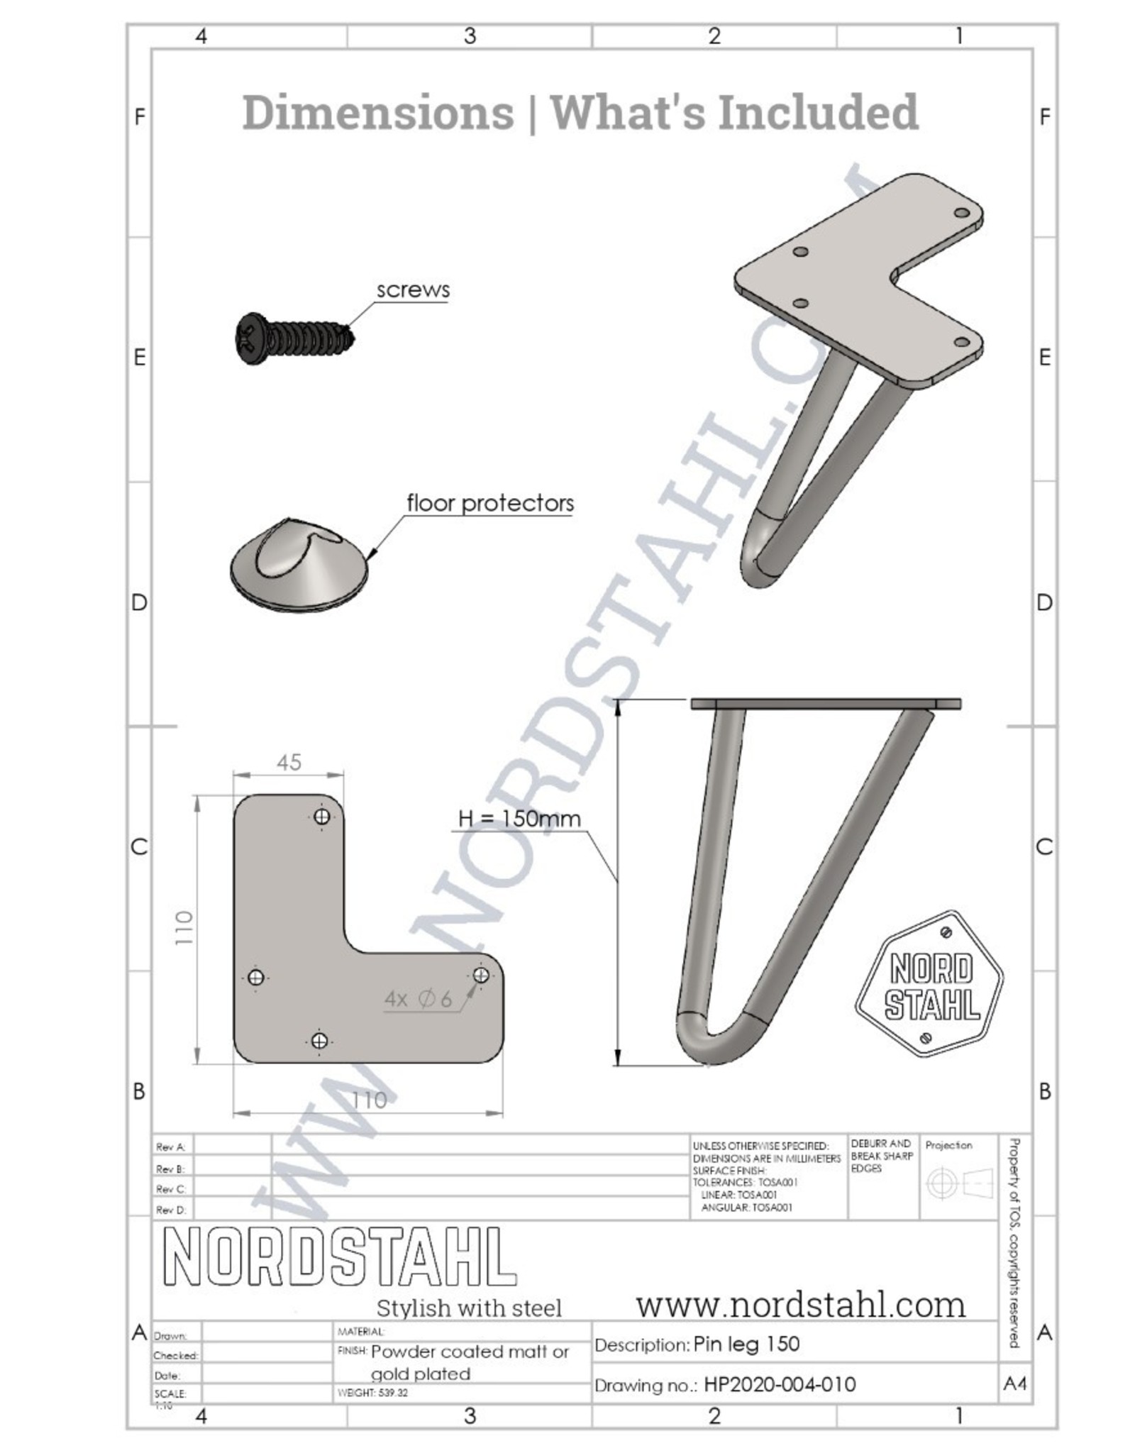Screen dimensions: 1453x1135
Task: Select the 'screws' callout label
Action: point(413,290)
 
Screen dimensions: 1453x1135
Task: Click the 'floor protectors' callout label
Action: point(489,504)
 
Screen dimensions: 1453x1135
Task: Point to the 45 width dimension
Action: point(289,763)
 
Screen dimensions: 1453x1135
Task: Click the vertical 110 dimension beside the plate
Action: point(183,927)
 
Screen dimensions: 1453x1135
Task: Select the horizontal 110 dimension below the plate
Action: point(369,1100)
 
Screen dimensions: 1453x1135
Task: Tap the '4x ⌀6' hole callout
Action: point(418,1000)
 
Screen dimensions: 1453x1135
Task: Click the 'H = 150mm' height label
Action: point(519,819)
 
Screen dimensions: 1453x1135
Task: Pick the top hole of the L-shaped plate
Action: point(321,817)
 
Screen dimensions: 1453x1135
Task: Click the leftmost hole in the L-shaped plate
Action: point(256,978)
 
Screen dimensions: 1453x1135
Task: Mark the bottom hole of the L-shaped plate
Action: point(319,1041)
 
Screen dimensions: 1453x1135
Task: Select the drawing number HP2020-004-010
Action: point(780,1384)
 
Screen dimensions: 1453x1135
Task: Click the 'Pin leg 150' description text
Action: point(746,1344)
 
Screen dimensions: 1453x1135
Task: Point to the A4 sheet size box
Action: point(1015,1383)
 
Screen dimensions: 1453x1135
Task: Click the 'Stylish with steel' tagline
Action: point(469,1308)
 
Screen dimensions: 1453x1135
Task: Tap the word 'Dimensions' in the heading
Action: point(377,112)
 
